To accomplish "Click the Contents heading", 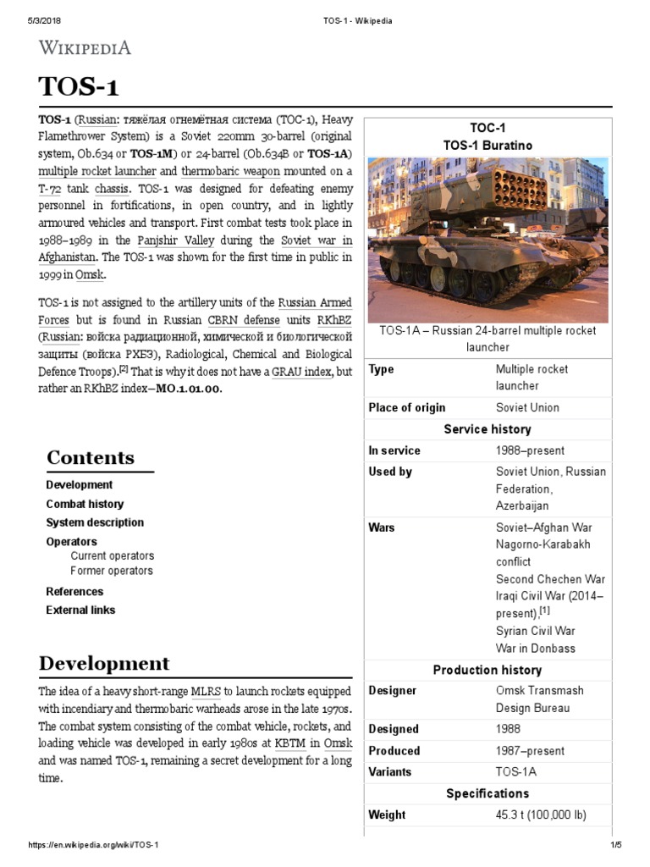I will point(90,458).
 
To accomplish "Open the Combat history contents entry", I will point(85,504).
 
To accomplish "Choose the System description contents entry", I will point(95,522).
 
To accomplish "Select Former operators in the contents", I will point(112,571).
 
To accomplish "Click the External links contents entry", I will point(80,610).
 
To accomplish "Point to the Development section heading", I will point(104,663).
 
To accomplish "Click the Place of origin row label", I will point(407,407).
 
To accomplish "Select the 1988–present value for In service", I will point(530,450).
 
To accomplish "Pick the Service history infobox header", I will point(487,429).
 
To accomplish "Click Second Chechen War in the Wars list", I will point(550,579).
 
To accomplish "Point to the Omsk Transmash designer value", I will point(539,690).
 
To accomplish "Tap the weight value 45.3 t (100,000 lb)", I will point(541,815).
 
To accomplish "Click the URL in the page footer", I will point(94,846).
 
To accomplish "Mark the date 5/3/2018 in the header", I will point(34,19).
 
